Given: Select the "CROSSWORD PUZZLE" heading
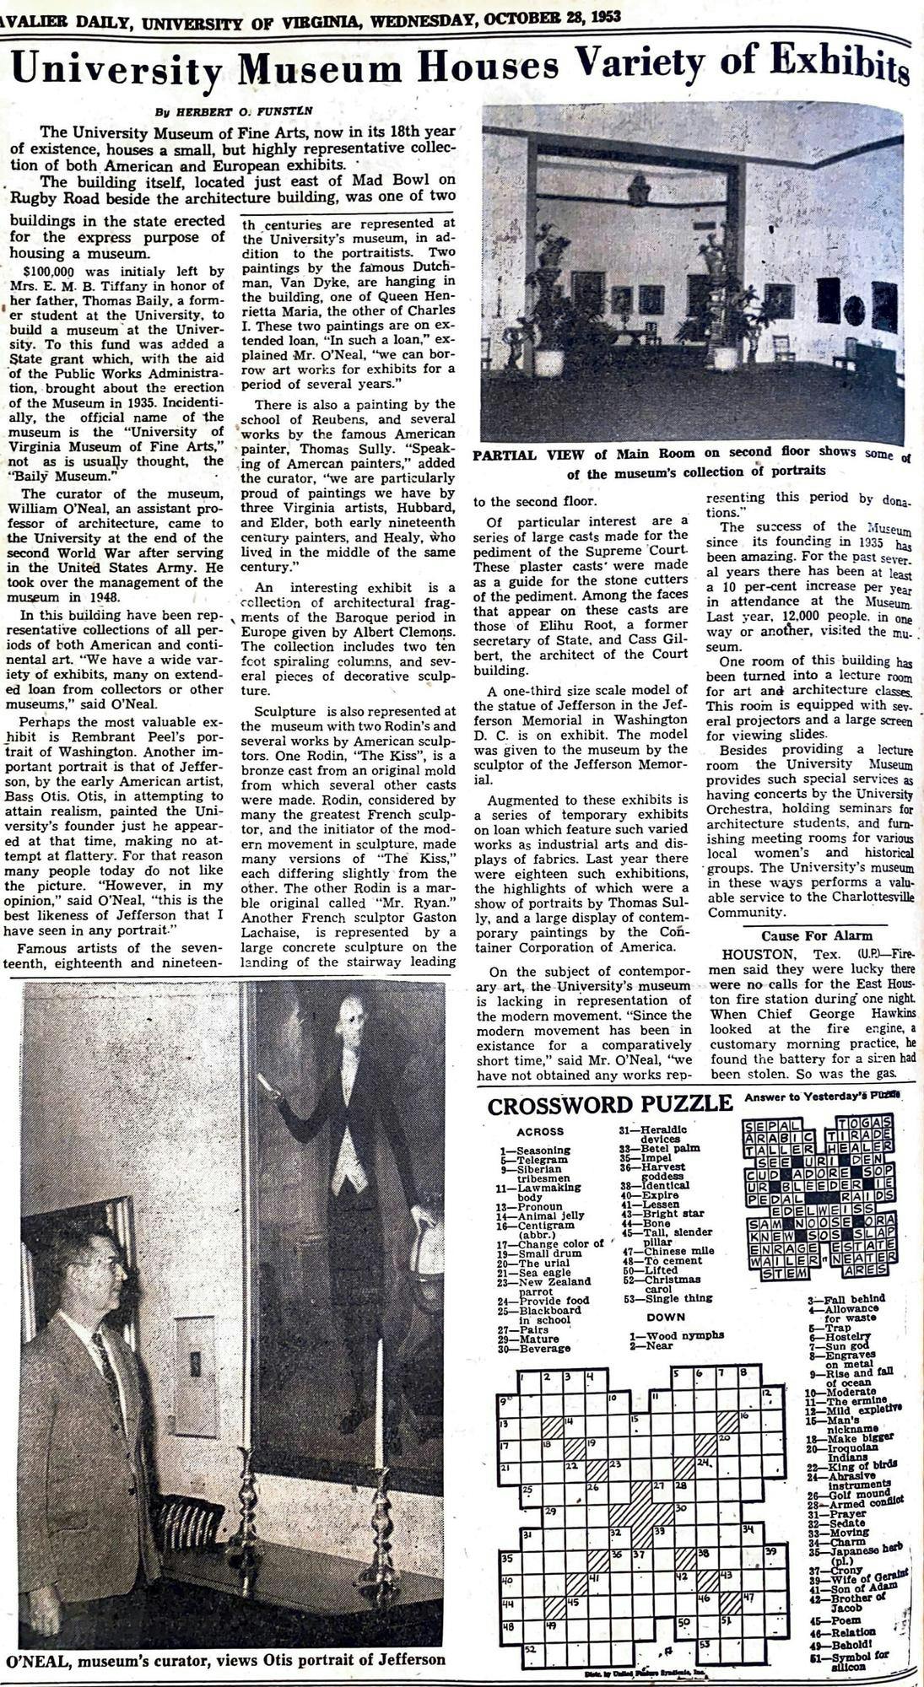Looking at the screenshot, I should point(609,1105).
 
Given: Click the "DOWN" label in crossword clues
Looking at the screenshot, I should point(666,1317).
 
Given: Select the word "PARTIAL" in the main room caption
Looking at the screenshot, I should point(504,455).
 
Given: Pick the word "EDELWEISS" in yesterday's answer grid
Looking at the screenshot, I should point(818,1210).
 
